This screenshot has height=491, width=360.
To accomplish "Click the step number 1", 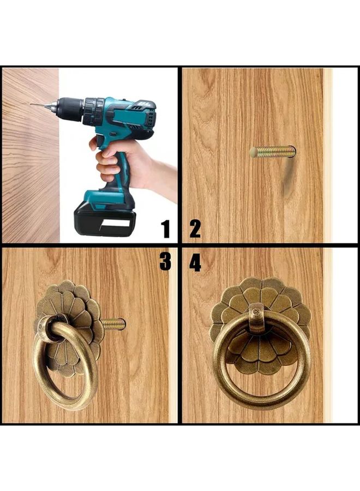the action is (x=166, y=229).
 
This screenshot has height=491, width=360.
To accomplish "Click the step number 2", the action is (x=195, y=229).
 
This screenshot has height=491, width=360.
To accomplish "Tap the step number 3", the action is (x=165, y=262).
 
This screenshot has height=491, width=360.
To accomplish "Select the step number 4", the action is (x=195, y=262).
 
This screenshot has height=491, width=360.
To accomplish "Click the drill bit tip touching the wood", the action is (x=31, y=104).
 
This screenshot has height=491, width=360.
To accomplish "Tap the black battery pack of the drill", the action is (x=103, y=221).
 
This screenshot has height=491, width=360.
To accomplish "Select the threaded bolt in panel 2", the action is (x=272, y=152).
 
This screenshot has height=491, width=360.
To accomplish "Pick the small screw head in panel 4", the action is (x=256, y=312).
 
